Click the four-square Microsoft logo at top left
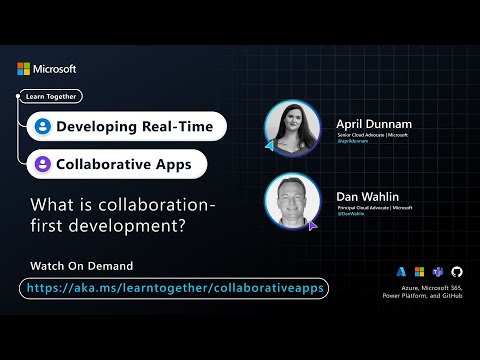(x=24, y=69)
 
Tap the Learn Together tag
(x=49, y=97)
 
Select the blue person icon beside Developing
(x=42, y=127)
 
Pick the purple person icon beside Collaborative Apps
(x=42, y=163)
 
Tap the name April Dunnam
(x=374, y=124)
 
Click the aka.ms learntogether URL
(x=174, y=288)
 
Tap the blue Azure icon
(x=401, y=271)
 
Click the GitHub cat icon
(x=458, y=271)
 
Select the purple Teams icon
(x=439, y=271)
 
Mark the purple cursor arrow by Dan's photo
(x=313, y=227)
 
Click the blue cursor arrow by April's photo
(x=269, y=145)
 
